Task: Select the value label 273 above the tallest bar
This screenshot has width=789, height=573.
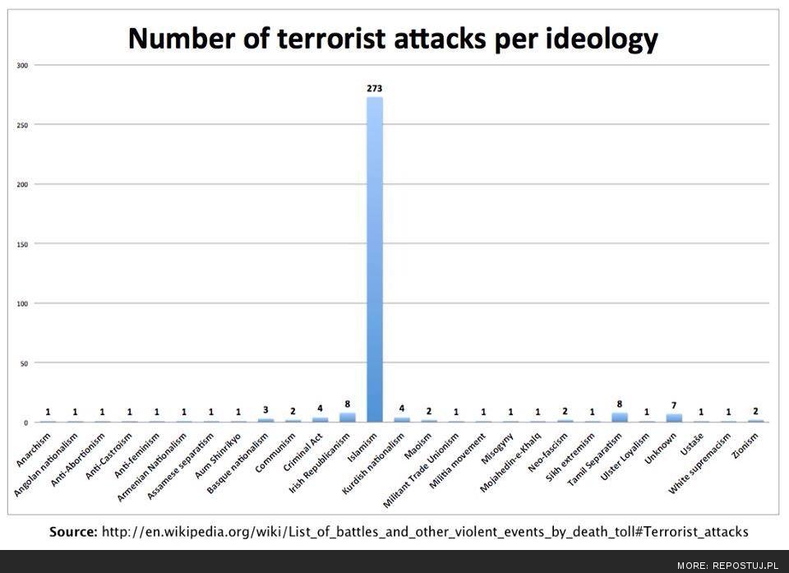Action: coord(374,88)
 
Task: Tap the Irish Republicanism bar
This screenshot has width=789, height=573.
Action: coord(348,417)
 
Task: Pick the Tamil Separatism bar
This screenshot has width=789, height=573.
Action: coord(619,417)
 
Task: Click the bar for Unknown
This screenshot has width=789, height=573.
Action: coord(674,418)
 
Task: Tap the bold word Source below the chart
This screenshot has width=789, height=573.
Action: coord(72,532)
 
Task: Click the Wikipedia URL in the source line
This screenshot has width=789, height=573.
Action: coord(424,532)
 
